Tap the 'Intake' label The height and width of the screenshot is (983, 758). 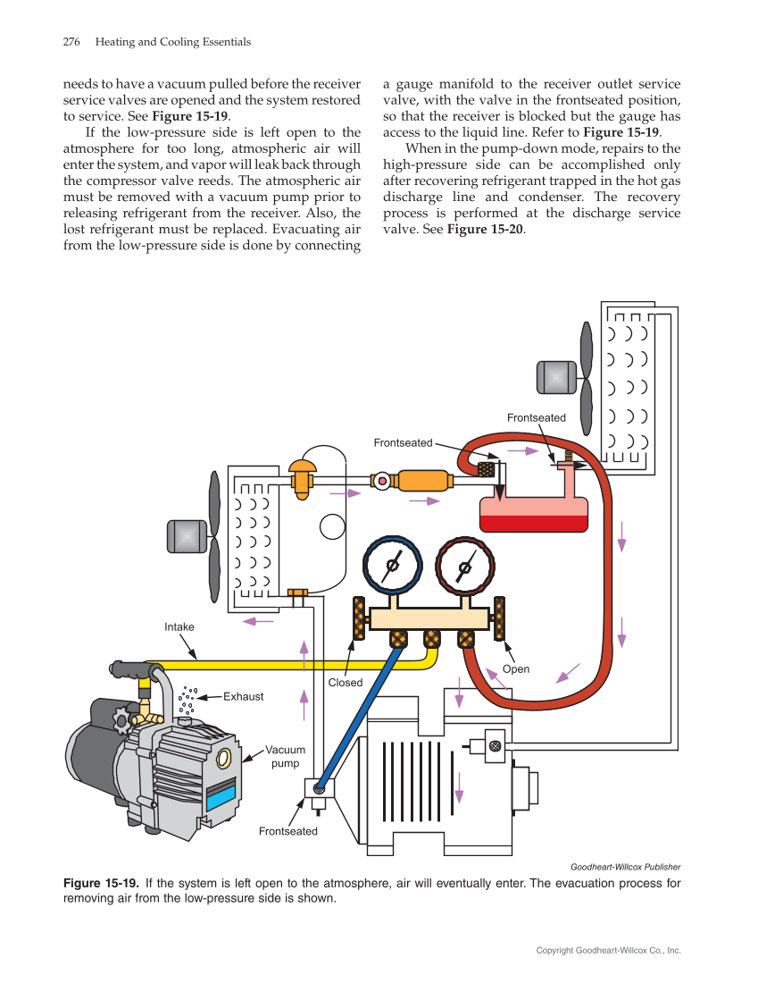click(x=179, y=627)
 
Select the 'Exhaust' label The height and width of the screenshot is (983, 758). click(x=243, y=696)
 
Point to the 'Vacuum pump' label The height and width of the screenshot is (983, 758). click(x=286, y=757)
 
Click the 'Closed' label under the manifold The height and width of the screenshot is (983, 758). click(x=346, y=683)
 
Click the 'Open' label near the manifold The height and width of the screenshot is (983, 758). click(x=516, y=669)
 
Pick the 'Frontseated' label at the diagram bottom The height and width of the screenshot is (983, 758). click(x=287, y=832)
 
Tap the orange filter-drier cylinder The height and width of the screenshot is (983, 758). click(x=423, y=481)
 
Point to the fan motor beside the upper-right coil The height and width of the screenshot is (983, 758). click(x=556, y=377)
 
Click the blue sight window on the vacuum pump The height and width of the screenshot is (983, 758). click(x=221, y=794)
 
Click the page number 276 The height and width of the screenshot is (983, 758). click(x=72, y=42)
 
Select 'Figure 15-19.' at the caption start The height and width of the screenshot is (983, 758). click(x=100, y=884)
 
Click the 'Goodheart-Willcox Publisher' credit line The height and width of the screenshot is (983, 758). click(x=625, y=867)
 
